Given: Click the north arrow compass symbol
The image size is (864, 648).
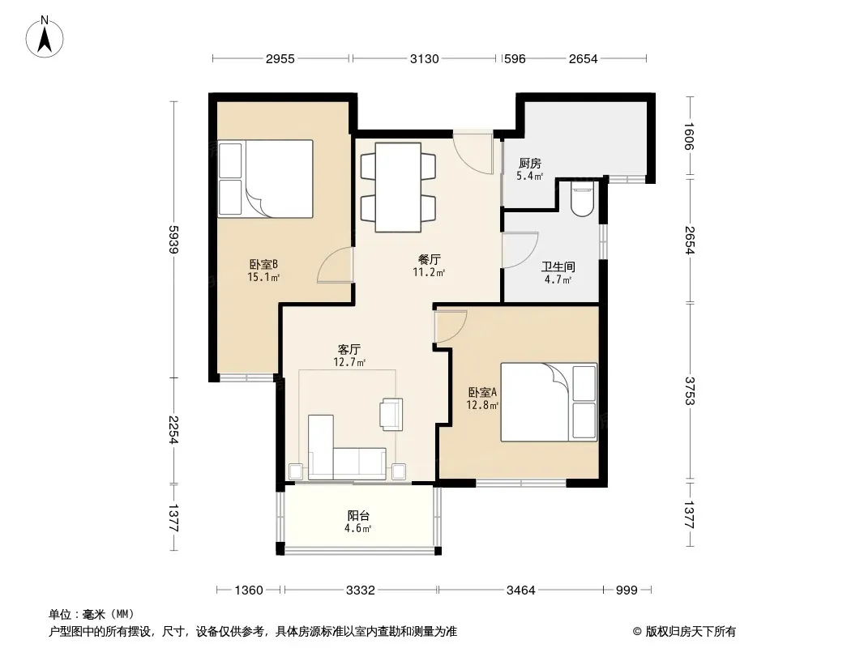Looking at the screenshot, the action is pyautogui.click(x=45, y=37).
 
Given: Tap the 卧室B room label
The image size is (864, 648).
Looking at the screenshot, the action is pyautogui.click(x=263, y=265).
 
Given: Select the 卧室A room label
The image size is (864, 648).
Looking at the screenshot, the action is pyautogui.click(x=483, y=393).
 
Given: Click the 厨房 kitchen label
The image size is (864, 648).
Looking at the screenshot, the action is pyautogui.click(x=530, y=164).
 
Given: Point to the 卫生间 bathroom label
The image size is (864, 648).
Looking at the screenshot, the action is pyautogui.click(x=558, y=267).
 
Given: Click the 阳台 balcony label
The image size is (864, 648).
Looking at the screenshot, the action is pyautogui.click(x=358, y=516).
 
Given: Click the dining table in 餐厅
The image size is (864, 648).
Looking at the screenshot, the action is pyautogui.click(x=399, y=187).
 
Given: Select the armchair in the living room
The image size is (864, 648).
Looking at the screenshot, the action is pyautogui.click(x=391, y=413).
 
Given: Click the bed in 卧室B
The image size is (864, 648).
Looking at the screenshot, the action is pyautogui.click(x=266, y=179).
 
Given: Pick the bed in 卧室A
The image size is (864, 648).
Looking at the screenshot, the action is pyautogui.click(x=549, y=402).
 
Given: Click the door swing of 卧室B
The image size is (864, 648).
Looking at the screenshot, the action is pyautogui.click(x=335, y=266).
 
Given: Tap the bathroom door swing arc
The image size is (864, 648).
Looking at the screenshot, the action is pyautogui.click(x=520, y=250).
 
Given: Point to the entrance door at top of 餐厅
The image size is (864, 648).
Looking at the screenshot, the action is pyautogui.click(x=473, y=152).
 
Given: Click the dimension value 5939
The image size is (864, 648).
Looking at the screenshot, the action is pyautogui.click(x=173, y=240).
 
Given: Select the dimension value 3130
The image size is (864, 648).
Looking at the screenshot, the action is pyautogui.click(x=424, y=59).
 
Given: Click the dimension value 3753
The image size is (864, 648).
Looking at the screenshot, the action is pyautogui.click(x=690, y=390).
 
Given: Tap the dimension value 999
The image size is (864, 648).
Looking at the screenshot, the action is pyautogui.click(x=627, y=590).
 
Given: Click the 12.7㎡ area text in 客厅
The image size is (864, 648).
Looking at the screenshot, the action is pyautogui.click(x=349, y=362).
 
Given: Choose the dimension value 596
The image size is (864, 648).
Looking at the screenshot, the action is pyautogui.click(x=515, y=59).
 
